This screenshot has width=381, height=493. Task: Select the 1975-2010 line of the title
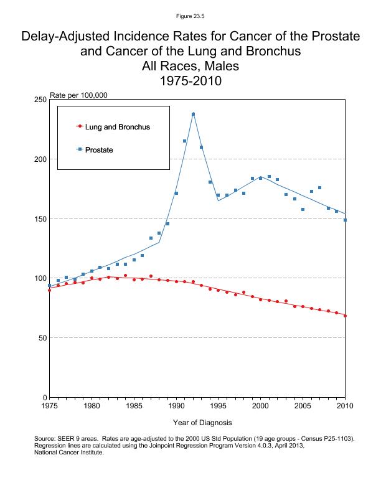click(x=190, y=81)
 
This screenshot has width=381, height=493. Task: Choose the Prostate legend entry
click(x=98, y=150)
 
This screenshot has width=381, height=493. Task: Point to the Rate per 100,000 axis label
click(x=78, y=95)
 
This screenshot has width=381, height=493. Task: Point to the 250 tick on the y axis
click(x=41, y=100)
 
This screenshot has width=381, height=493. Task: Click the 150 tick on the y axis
click(x=41, y=218)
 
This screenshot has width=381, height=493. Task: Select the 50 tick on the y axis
click(x=43, y=338)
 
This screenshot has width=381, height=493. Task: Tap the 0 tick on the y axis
click(x=45, y=397)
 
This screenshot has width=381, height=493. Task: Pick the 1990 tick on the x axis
click(x=176, y=406)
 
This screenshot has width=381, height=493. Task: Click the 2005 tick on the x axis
click(x=303, y=406)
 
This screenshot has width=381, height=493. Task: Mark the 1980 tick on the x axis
click(x=92, y=406)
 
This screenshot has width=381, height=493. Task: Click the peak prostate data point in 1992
click(x=193, y=114)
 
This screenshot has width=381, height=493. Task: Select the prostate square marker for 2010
click(x=345, y=220)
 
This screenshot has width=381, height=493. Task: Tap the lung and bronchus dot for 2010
click(x=345, y=316)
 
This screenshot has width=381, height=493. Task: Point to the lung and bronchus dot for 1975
click(x=50, y=290)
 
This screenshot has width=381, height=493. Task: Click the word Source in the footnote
click(x=46, y=439)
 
